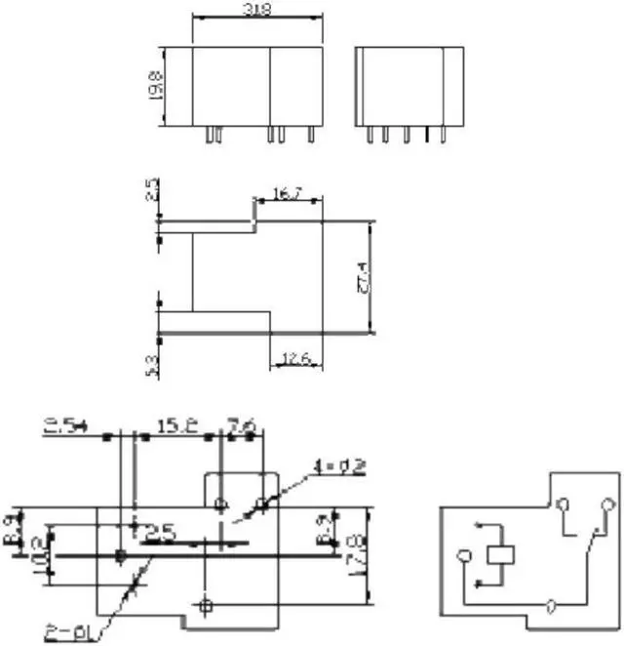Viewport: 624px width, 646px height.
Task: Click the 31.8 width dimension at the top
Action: tap(258, 9)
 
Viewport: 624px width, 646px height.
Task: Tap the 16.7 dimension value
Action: tap(287, 195)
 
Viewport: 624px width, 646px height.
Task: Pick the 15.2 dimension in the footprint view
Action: tap(175, 425)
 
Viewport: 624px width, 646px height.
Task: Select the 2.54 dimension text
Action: tap(65, 425)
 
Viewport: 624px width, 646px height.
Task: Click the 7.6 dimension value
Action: tap(241, 425)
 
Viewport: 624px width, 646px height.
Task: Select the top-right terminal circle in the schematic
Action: tap(609, 504)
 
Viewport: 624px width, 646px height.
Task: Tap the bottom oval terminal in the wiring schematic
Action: tap(552, 606)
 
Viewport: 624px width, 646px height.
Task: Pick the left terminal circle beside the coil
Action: tap(464, 556)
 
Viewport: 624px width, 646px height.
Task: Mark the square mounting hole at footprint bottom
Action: tap(204, 605)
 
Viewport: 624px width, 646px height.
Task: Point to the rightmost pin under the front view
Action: tap(310, 136)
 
